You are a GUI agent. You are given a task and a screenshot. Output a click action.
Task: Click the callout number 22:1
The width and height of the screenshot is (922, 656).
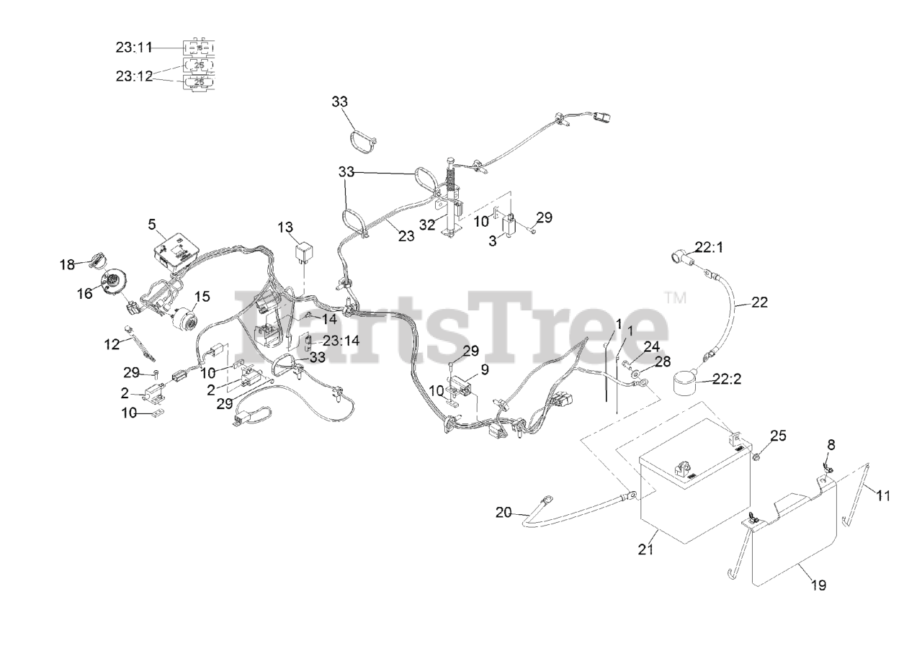coord(710,246)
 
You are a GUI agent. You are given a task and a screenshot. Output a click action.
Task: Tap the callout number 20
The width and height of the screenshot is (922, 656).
coord(505,512)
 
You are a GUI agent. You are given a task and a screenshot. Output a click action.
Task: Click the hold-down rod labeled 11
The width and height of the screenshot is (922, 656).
coord(856,504)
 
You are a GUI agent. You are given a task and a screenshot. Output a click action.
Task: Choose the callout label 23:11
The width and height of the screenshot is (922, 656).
coord(134,48)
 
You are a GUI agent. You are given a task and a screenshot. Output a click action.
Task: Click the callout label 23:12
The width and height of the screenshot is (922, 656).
coord(134,75)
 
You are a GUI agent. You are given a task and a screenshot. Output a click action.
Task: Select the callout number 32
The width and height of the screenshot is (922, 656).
coord(428,224)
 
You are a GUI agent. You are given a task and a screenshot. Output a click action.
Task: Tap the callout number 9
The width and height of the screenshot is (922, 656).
coord(485,369)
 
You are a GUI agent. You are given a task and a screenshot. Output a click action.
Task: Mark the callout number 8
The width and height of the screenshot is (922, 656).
coord(831,446)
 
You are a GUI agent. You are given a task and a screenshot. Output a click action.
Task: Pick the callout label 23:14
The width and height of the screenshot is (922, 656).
coord(341,341)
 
